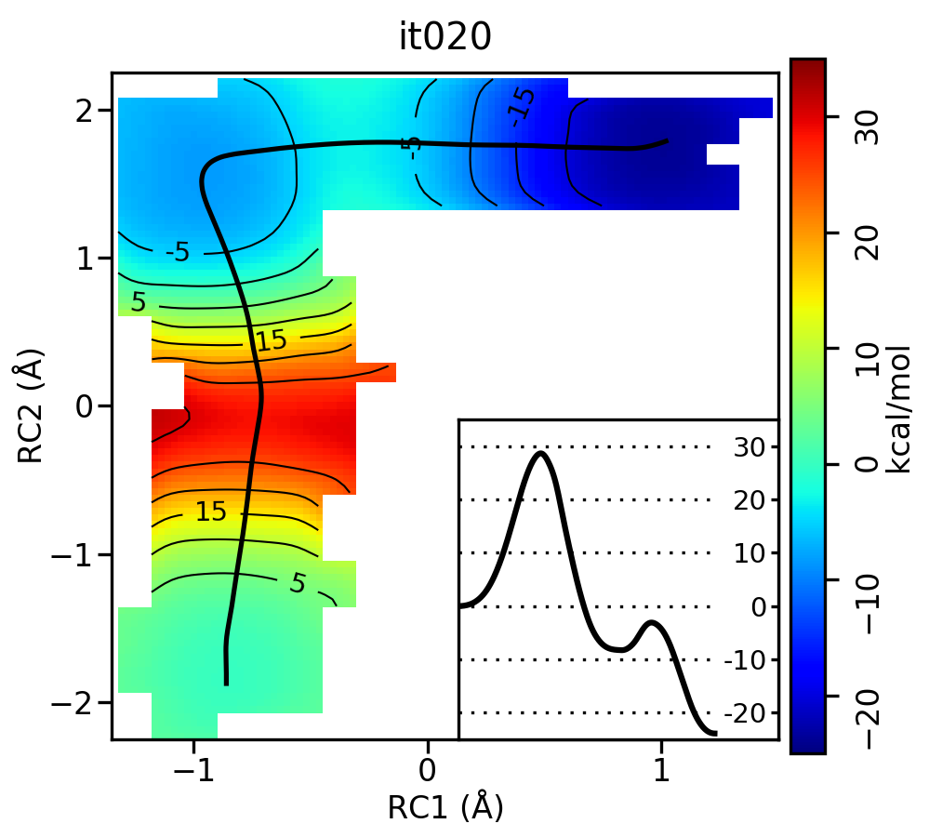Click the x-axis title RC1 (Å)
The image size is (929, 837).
445,806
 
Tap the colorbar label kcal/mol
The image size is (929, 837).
898,406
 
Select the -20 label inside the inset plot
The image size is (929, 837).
740,713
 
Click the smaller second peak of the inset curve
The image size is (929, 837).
652,622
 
